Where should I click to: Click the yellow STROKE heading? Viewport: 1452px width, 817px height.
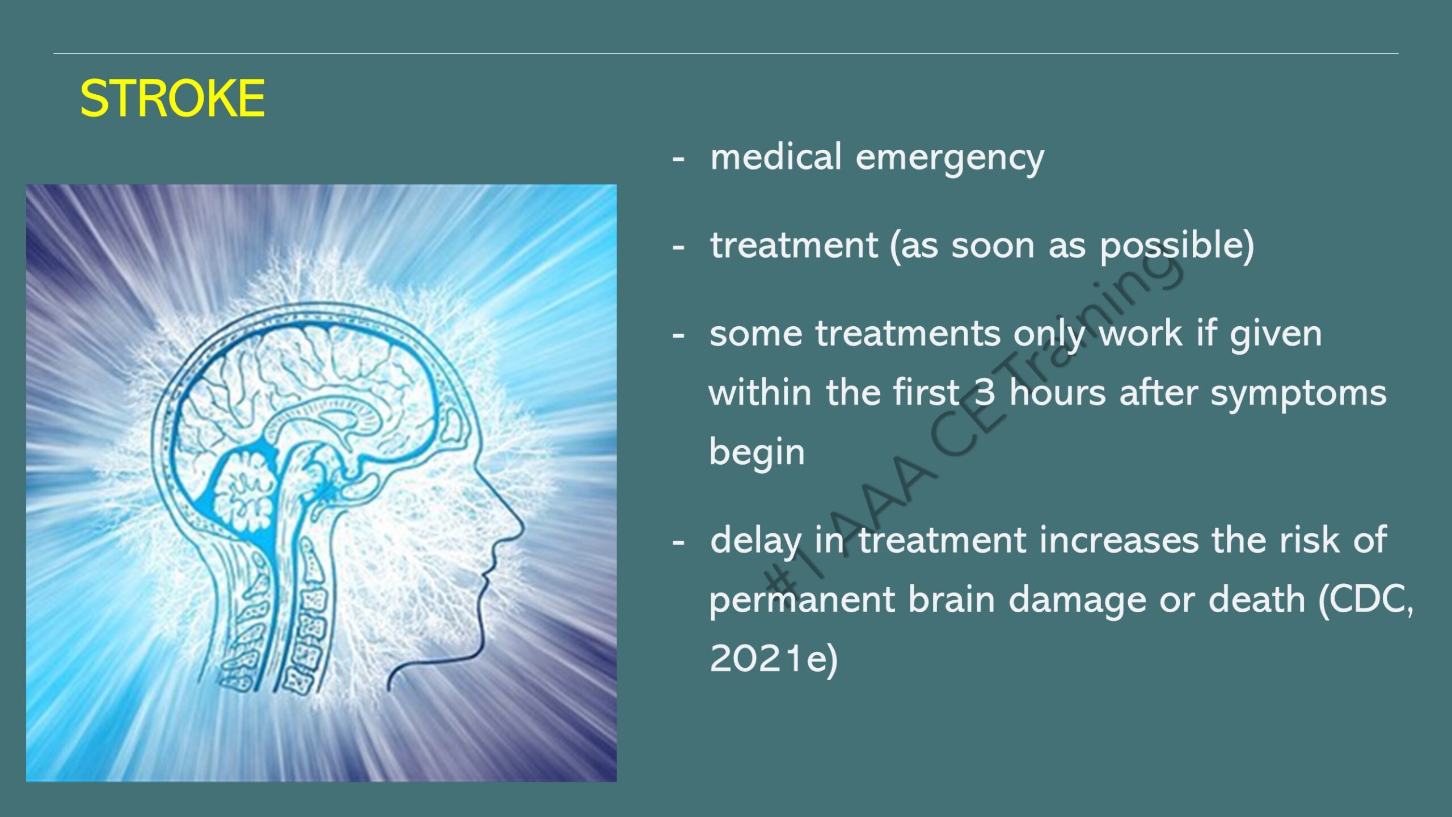point(172,98)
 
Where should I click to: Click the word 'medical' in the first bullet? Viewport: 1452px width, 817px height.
point(775,157)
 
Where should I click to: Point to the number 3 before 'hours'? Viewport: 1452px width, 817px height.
point(984,393)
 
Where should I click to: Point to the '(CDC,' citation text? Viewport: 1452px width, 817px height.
point(1366,601)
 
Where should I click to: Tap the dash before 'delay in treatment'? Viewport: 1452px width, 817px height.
point(678,544)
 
